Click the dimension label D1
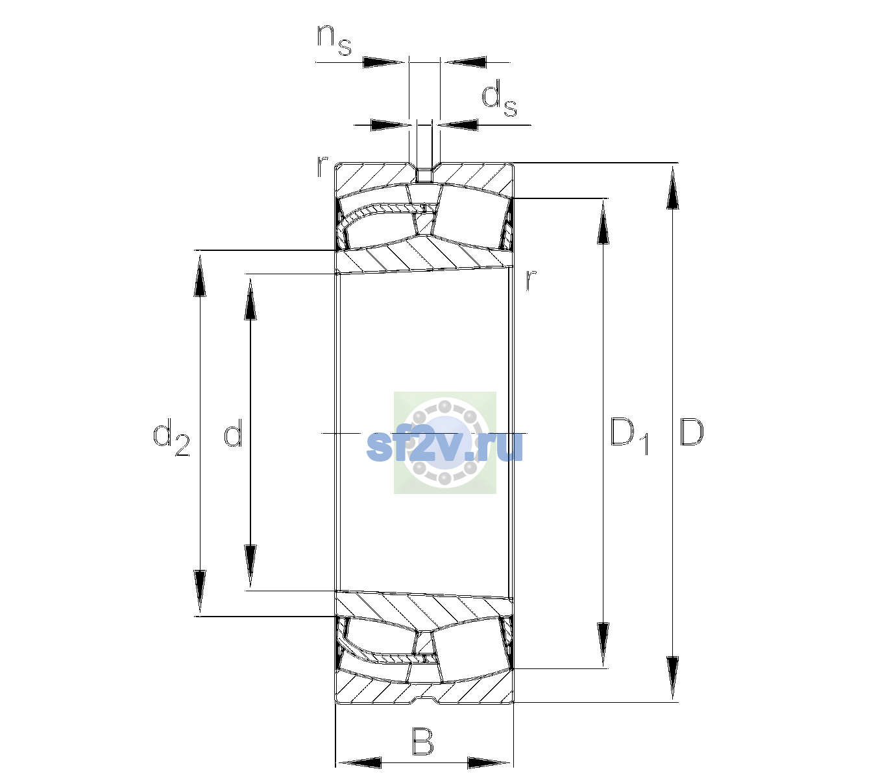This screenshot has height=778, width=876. [629, 436]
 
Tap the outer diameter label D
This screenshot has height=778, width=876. [691, 432]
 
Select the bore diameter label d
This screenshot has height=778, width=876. [233, 432]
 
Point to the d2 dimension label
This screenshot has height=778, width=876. [171, 436]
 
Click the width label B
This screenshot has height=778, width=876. [422, 741]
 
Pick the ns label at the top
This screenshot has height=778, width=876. [334, 40]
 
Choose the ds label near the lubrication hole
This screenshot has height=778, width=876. [499, 99]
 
